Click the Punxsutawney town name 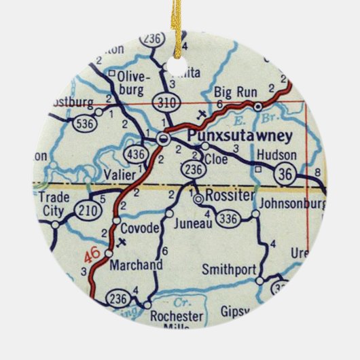(239, 135)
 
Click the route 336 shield (229, 217)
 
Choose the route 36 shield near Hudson (286, 175)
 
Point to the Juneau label (189, 221)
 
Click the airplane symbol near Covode (122, 241)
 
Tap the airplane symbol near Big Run (200, 112)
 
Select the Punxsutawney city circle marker (163, 139)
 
